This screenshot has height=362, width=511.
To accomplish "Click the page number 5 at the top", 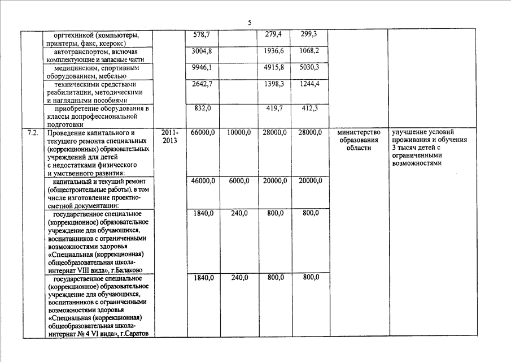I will click(249, 22).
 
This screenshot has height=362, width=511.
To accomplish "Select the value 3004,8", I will click(202, 51).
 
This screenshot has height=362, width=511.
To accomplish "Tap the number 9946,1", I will click(202, 67).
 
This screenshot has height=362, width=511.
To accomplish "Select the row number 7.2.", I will click(32, 132).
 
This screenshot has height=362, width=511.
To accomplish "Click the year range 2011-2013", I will click(169, 136).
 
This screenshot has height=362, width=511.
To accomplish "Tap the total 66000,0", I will click(203, 132).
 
